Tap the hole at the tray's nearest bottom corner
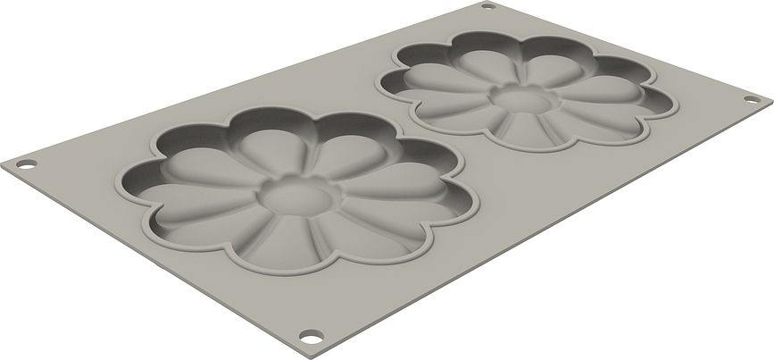(x=310, y=337)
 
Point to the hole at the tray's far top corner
(x=487, y=6)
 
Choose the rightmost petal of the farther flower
(x=629, y=96)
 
